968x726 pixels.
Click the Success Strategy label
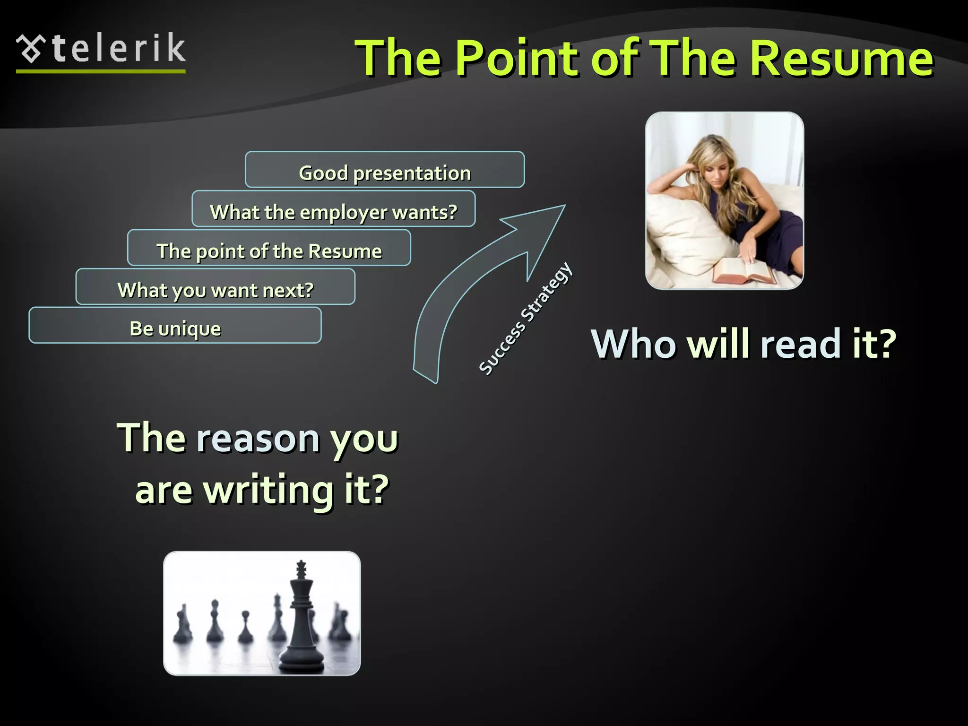(526, 319)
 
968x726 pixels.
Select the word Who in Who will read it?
(634, 344)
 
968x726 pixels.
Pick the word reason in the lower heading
(258, 439)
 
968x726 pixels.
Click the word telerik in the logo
(119, 48)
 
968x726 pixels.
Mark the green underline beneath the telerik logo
(101, 71)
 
